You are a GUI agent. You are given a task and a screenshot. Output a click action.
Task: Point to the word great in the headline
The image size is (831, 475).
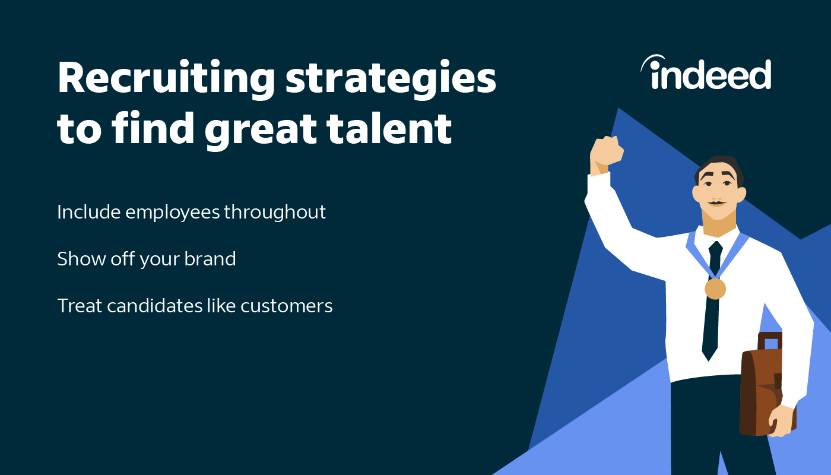point(261,131)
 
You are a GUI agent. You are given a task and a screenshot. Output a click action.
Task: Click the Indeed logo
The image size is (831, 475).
point(706,72)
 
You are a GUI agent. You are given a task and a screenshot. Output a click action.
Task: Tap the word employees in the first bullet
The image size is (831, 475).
point(173,213)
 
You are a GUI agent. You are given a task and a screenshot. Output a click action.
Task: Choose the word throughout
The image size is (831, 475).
point(274,213)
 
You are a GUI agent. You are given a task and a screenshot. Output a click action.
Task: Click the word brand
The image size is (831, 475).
point(210,258)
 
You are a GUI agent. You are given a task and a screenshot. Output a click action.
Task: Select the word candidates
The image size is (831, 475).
point(155,306)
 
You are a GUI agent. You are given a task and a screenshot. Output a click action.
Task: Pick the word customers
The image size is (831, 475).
point(286,306)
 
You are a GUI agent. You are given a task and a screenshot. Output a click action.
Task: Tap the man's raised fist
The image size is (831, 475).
point(607,152)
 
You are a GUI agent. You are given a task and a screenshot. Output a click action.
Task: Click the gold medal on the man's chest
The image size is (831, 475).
point(715,289)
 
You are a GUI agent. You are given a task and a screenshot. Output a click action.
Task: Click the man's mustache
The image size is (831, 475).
point(717,203)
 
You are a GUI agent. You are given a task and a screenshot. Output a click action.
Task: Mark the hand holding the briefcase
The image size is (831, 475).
point(782,421)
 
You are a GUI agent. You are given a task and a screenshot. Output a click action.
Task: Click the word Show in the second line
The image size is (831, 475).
point(81,258)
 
